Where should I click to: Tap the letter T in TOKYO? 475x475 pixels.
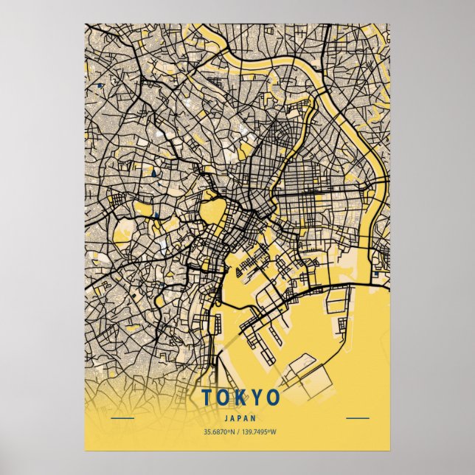coord(207,398)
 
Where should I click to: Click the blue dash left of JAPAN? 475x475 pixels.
coord(122,418)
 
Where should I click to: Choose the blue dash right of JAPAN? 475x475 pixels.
coord(358,418)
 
